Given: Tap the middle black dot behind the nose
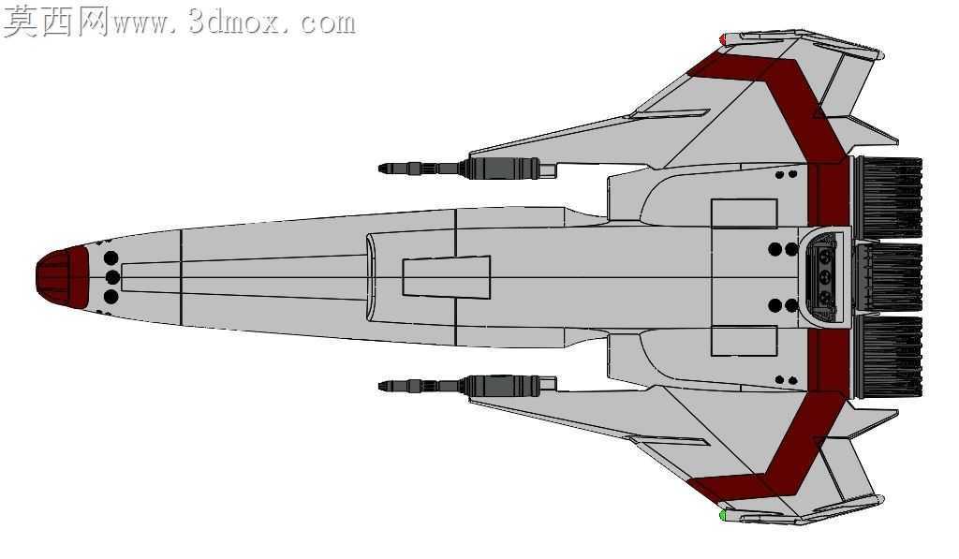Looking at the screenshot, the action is [112, 277].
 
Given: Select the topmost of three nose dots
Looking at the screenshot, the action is [111, 257].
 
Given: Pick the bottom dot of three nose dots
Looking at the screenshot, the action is [111, 297].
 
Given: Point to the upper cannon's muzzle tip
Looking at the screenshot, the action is [381, 168].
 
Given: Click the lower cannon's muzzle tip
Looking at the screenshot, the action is [381, 386].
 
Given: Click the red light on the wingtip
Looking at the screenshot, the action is [722, 39].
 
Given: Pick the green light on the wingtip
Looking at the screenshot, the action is [722, 515].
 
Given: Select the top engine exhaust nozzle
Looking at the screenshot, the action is [888, 198].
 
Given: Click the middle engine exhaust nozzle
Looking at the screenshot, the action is [888, 277].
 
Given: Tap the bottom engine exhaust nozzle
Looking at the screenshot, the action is [888, 357].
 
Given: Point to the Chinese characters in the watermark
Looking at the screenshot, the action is [55, 22].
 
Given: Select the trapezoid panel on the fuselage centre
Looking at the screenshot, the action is [447, 277].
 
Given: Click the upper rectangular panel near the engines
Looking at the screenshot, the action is [745, 213].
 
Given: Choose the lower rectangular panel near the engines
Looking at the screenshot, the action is [745, 341].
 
